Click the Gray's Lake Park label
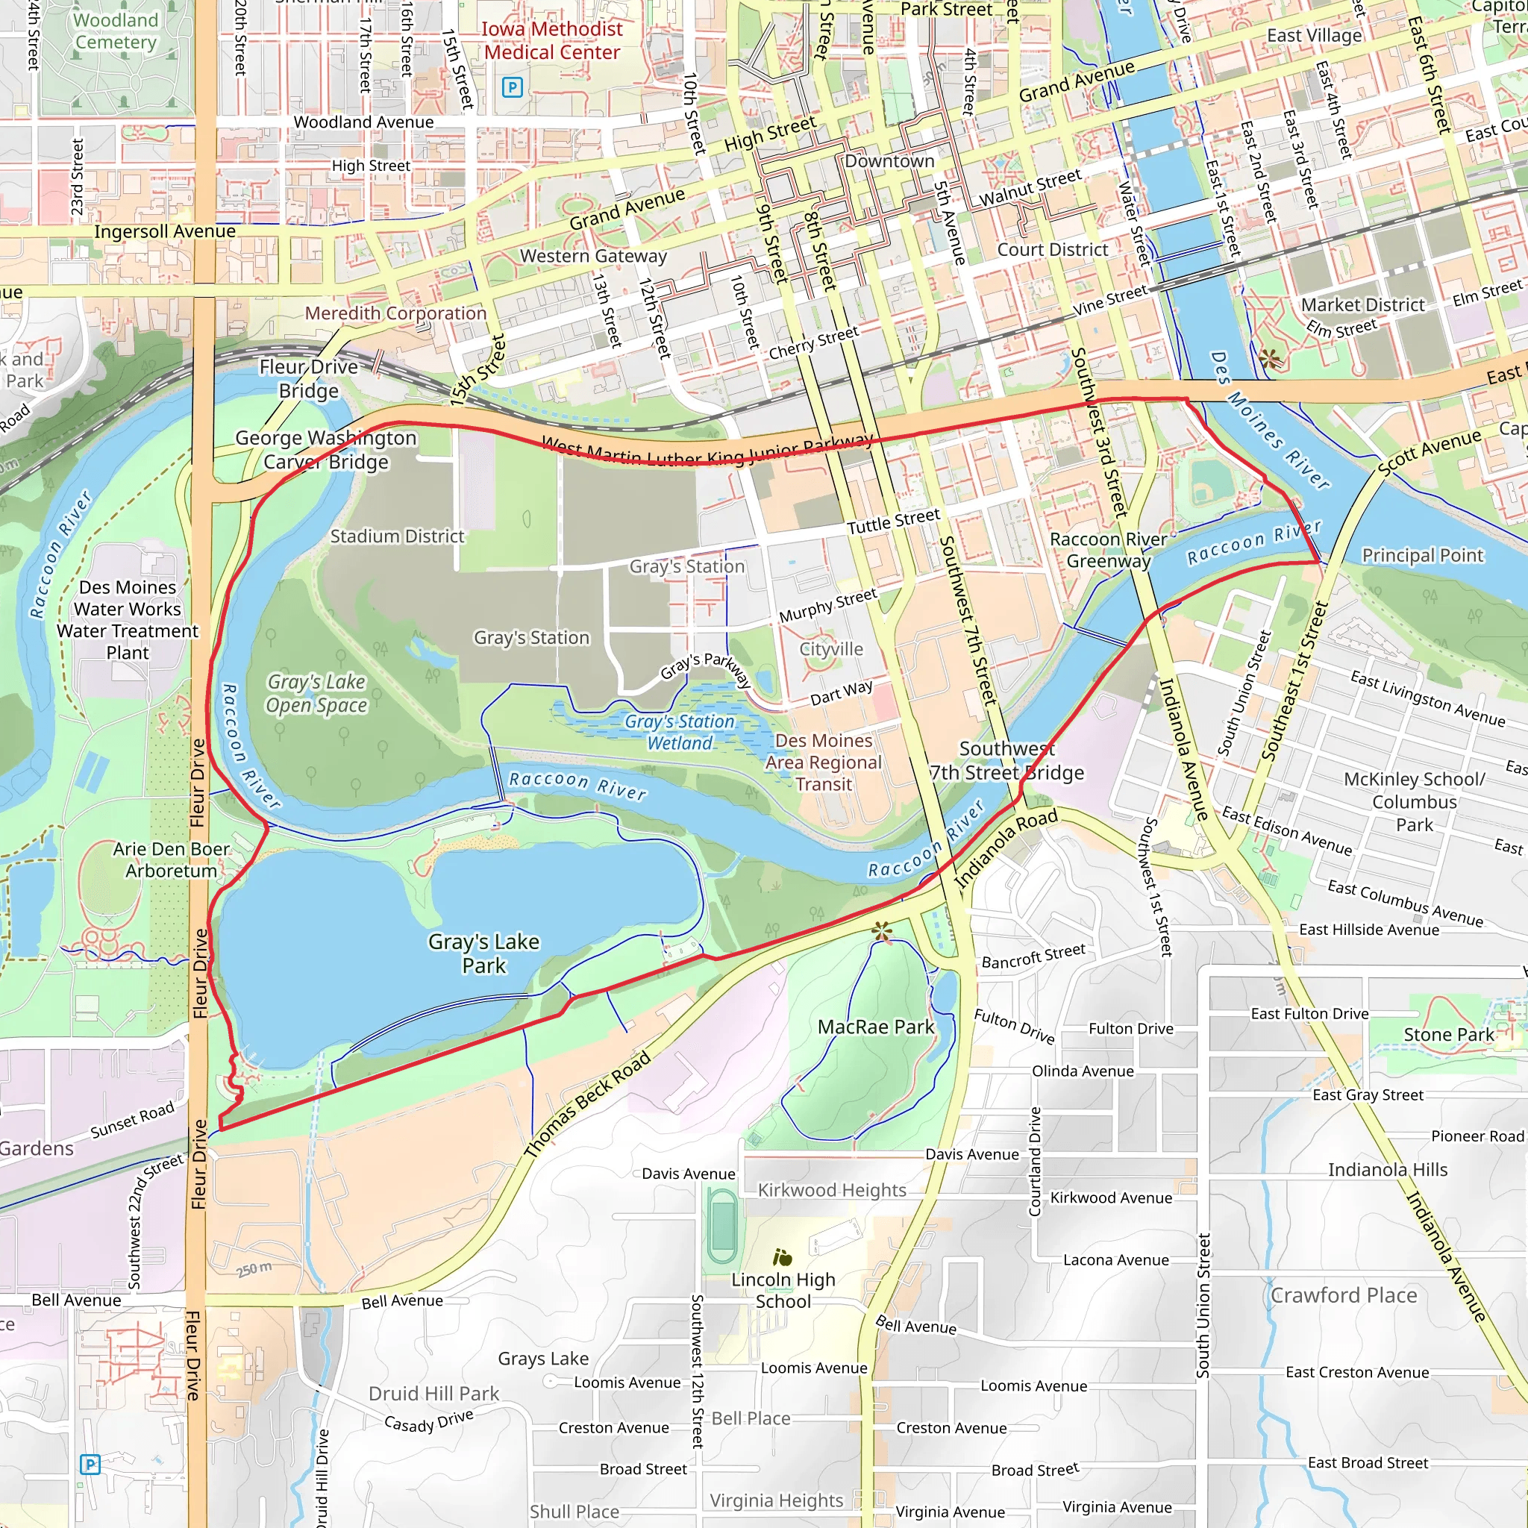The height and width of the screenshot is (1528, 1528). pyautogui.click(x=483, y=953)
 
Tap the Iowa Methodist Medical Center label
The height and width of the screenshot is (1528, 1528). pyautogui.click(x=552, y=40)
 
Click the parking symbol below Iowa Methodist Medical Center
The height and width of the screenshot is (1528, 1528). pyautogui.click(x=513, y=87)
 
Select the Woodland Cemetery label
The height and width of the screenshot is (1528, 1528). pyautogui.click(x=116, y=31)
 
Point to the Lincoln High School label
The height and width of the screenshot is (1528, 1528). pyautogui.click(x=782, y=1290)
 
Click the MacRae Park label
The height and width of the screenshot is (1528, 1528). pyautogui.click(x=875, y=1027)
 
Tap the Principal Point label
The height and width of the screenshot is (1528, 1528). pyautogui.click(x=1422, y=555)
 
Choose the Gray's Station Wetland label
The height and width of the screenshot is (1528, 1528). pyautogui.click(x=680, y=732)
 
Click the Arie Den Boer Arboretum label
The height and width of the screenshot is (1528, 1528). pyautogui.click(x=171, y=859)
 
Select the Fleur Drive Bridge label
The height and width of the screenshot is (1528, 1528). pyautogui.click(x=308, y=379)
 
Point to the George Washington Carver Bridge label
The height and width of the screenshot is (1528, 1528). pyautogui.click(x=326, y=449)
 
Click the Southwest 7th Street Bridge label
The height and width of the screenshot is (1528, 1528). pyautogui.click(x=1006, y=760)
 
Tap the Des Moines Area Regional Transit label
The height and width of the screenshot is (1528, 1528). pyautogui.click(x=824, y=762)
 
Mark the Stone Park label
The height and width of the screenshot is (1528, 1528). pyautogui.click(x=1449, y=1035)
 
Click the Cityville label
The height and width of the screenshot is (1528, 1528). pyautogui.click(x=830, y=648)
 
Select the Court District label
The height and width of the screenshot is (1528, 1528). pyautogui.click(x=1052, y=249)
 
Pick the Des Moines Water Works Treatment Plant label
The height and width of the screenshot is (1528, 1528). pyautogui.click(x=128, y=620)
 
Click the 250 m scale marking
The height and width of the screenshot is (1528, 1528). pyautogui.click(x=254, y=1270)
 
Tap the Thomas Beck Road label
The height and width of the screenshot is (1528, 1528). pyautogui.click(x=587, y=1104)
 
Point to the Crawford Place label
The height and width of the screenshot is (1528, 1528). pyautogui.click(x=1343, y=1295)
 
